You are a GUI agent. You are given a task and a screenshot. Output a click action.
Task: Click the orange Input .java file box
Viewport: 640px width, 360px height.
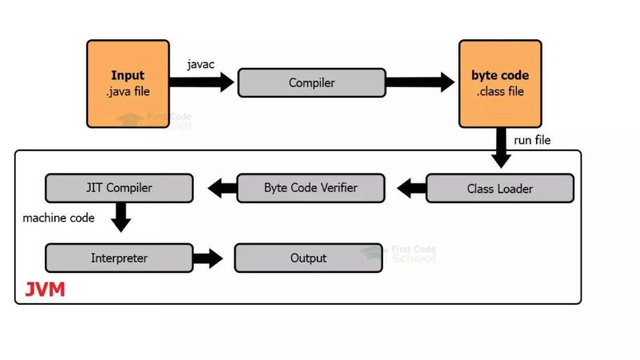pos(128,84)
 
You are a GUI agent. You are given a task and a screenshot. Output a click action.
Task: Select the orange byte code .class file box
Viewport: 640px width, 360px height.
pos(500,84)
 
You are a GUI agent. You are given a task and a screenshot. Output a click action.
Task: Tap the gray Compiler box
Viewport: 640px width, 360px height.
pos(311,82)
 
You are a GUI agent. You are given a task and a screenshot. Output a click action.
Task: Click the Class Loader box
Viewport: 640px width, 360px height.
pos(499,189)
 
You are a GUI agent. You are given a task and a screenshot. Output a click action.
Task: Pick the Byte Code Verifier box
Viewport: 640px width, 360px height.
pos(310,188)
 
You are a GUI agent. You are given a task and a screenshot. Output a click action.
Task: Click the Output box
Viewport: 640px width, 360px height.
pos(308,258)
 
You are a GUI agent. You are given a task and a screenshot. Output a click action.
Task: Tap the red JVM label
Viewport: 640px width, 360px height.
pos(45,290)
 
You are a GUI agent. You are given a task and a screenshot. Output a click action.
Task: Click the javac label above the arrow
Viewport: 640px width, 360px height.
pos(201,63)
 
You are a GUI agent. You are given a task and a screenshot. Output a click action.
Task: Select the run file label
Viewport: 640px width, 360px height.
pos(532,140)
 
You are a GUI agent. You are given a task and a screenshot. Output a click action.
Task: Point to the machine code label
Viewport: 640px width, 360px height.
pos(58,218)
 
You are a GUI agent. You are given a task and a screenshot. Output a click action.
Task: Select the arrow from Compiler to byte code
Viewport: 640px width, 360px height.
pos(420,82)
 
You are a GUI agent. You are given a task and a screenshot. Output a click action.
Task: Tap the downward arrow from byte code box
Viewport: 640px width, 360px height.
pos(501,149)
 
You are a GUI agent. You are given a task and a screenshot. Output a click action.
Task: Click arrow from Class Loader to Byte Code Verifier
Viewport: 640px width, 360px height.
pos(410,189)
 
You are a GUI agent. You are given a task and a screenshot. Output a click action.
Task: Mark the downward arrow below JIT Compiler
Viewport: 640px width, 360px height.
pos(120,217)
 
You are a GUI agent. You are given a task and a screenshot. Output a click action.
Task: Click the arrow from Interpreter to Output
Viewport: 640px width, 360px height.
pos(208,258)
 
